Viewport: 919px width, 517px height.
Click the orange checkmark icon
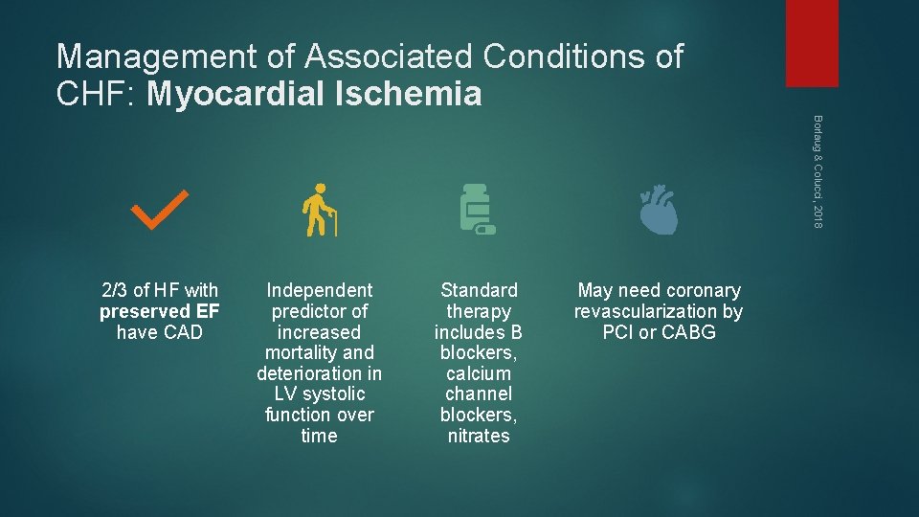tap(160, 211)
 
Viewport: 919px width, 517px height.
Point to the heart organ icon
tap(659, 212)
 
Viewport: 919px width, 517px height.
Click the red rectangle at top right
tap(811, 43)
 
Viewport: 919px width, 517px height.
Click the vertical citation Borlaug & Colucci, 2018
tap(817, 170)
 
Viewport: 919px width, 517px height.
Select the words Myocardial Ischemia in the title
tap(316, 94)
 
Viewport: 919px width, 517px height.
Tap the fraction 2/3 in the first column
tap(115, 290)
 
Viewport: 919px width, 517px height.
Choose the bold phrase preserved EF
tap(160, 311)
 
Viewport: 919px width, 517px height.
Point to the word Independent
tap(319, 290)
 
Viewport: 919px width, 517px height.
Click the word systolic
tap(333, 394)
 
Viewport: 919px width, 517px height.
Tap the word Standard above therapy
tap(479, 290)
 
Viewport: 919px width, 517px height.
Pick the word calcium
tap(479, 373)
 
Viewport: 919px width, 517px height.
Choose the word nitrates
tap(479, 436)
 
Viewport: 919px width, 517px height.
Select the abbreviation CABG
tap(689, 332)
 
